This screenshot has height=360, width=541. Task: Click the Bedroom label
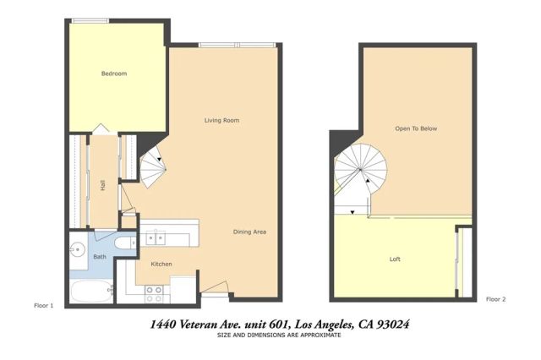click(114, 74)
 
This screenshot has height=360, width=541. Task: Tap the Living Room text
click(221, 121)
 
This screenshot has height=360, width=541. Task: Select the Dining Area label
click(250, 232)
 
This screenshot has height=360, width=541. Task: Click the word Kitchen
click(161, 264)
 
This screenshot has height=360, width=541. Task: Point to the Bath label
click(100, 256)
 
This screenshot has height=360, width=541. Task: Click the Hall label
click(102, 184)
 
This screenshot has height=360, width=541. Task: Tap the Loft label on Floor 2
click(395, 259)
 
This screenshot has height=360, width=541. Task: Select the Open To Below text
click(416, 128)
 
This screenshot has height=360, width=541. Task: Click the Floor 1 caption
click(44, 304)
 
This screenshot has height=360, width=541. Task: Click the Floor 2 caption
click(496, 299)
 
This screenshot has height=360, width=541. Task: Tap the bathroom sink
click(76, 250)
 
